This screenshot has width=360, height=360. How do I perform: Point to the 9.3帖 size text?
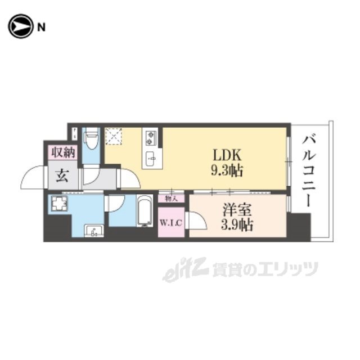pyautogui.click(x=227, y=171)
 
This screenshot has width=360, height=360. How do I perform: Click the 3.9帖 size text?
pyautogui.click(x=237, y=225)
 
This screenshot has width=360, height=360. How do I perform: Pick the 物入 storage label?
pyautogui.click(x=171, y=197)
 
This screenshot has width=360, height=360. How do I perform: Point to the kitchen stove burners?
pyautogui.click(x=151, y=137)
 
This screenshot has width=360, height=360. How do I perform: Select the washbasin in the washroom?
pyautogui.click(x=92, y=231)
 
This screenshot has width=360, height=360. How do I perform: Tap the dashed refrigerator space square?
pyautogui.click(x=115, y=136)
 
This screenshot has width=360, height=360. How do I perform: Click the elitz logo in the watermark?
pyautogui.click(x=178, y=270)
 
